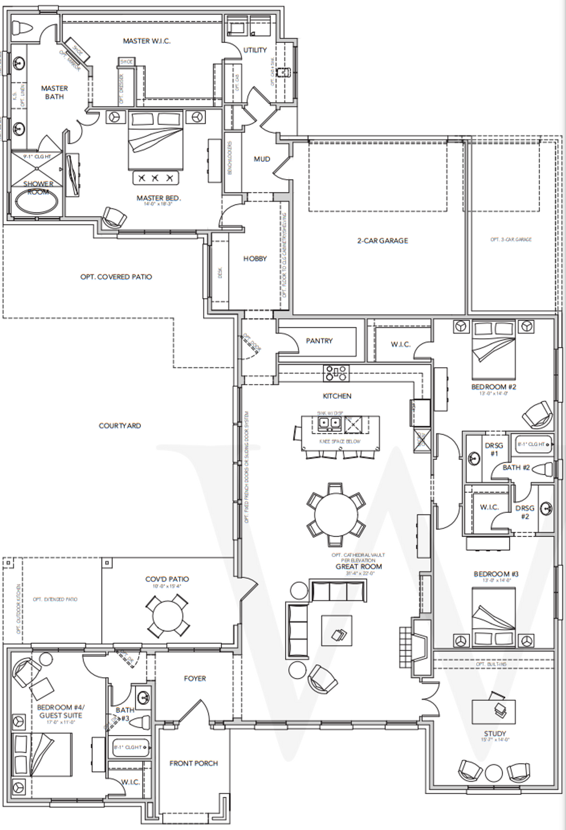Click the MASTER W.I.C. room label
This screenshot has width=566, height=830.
click(146, 41)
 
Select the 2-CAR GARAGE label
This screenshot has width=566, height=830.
click(382, 241)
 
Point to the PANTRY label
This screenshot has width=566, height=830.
click(319, 341)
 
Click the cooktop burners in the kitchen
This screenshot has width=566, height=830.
click(336, 373)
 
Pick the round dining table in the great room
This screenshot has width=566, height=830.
click(336, 515)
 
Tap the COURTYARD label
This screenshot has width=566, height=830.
click(119, 426)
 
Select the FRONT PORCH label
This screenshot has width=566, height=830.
click(194, 763)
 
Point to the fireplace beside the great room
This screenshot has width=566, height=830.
click(421, 648)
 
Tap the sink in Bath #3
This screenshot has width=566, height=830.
click(143, 698)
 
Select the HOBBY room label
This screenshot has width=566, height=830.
click(255, 258)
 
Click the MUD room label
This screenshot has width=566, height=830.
click(262, 159)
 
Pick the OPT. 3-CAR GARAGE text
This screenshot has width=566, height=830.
click(511, 239)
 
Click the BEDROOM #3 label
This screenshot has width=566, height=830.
click(496, 574)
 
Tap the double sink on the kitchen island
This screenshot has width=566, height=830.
click(330, 423)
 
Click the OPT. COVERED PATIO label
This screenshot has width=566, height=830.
click(116, 277)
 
